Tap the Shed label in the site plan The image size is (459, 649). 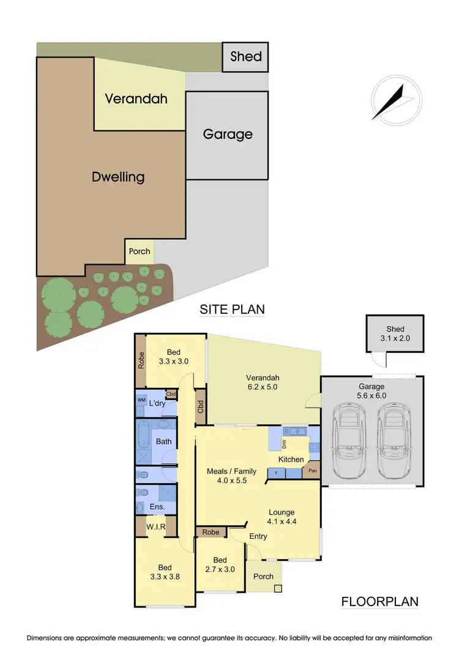tap(245, 57)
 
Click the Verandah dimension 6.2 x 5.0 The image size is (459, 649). tap(263, 387)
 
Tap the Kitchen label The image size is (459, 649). tap(291, 459)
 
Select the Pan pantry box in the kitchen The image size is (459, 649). tap(312, 471)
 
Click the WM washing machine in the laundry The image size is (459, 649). tap(141, 399)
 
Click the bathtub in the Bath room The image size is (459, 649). tap(144, 437)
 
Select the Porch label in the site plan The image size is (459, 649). tap(140, 252)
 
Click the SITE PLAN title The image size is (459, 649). tap(233, 310)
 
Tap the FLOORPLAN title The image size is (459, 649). tap(379, 602)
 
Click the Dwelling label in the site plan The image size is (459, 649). tap(118, 177)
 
